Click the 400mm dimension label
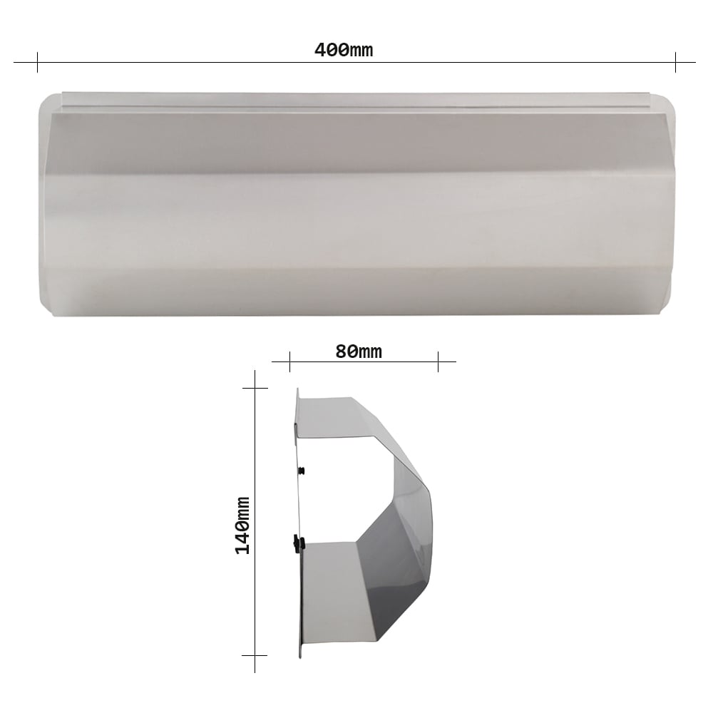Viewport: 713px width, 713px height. pos(344,50)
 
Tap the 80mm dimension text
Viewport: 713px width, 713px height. pos(359,352)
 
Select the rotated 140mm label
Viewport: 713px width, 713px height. pos(242,525)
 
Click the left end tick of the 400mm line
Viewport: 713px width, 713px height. pos(37,62)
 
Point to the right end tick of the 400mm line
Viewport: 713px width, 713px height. pos(675,62)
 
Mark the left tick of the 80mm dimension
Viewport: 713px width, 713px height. pos(289,362)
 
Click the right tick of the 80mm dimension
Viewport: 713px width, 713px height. pos(438,362)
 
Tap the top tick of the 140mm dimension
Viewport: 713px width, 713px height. pos(255,388)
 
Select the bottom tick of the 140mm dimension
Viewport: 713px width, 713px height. pos(255,655)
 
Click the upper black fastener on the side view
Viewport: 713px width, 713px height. pos(301,470)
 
